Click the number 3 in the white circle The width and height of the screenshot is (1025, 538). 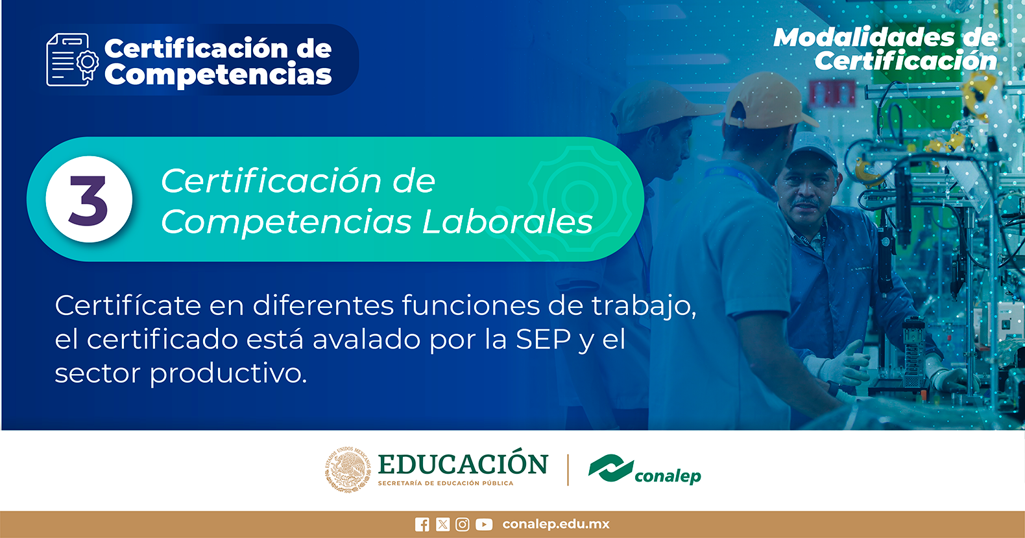coord(88,200)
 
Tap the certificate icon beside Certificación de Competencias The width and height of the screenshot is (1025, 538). coord(72,60)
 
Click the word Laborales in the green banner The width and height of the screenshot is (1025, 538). coord(507,222)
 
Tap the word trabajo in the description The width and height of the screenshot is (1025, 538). coord(644,306)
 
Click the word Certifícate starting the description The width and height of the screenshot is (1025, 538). coord(128,305)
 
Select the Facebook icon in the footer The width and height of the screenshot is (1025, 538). coord(422,524)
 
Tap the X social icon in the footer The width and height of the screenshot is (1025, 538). coord(442,524)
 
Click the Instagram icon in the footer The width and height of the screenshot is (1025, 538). coord(462,524)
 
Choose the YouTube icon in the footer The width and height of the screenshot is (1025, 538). coord(484,524)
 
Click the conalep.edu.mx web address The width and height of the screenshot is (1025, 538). coord(556,524)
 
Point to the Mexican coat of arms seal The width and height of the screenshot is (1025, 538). coord(348,470)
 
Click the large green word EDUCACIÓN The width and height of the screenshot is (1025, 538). coord(463,463)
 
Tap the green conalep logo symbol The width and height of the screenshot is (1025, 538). coord(610,468)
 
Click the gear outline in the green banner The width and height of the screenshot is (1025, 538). coord(580,199)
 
